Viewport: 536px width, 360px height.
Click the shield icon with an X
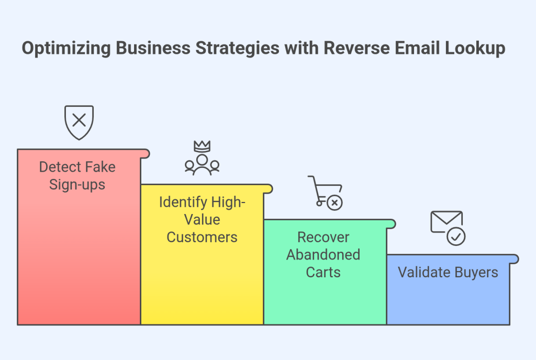click(x=79, y=122)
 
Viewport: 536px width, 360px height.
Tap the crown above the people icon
click(x=202, y=147)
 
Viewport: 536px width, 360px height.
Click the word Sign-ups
click(x=77, y=185)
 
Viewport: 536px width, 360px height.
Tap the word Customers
click(x=202, y=237)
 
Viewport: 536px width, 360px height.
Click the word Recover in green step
click(x=323, y=237)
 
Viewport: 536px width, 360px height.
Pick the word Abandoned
click(x=323, y=255)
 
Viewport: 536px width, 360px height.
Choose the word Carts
click(x=323, y=272)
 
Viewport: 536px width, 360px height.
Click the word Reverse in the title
click(x=353, y=49)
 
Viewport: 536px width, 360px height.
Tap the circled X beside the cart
click(x=334, y=202)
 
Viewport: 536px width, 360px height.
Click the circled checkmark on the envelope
click(x=456, y=237)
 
